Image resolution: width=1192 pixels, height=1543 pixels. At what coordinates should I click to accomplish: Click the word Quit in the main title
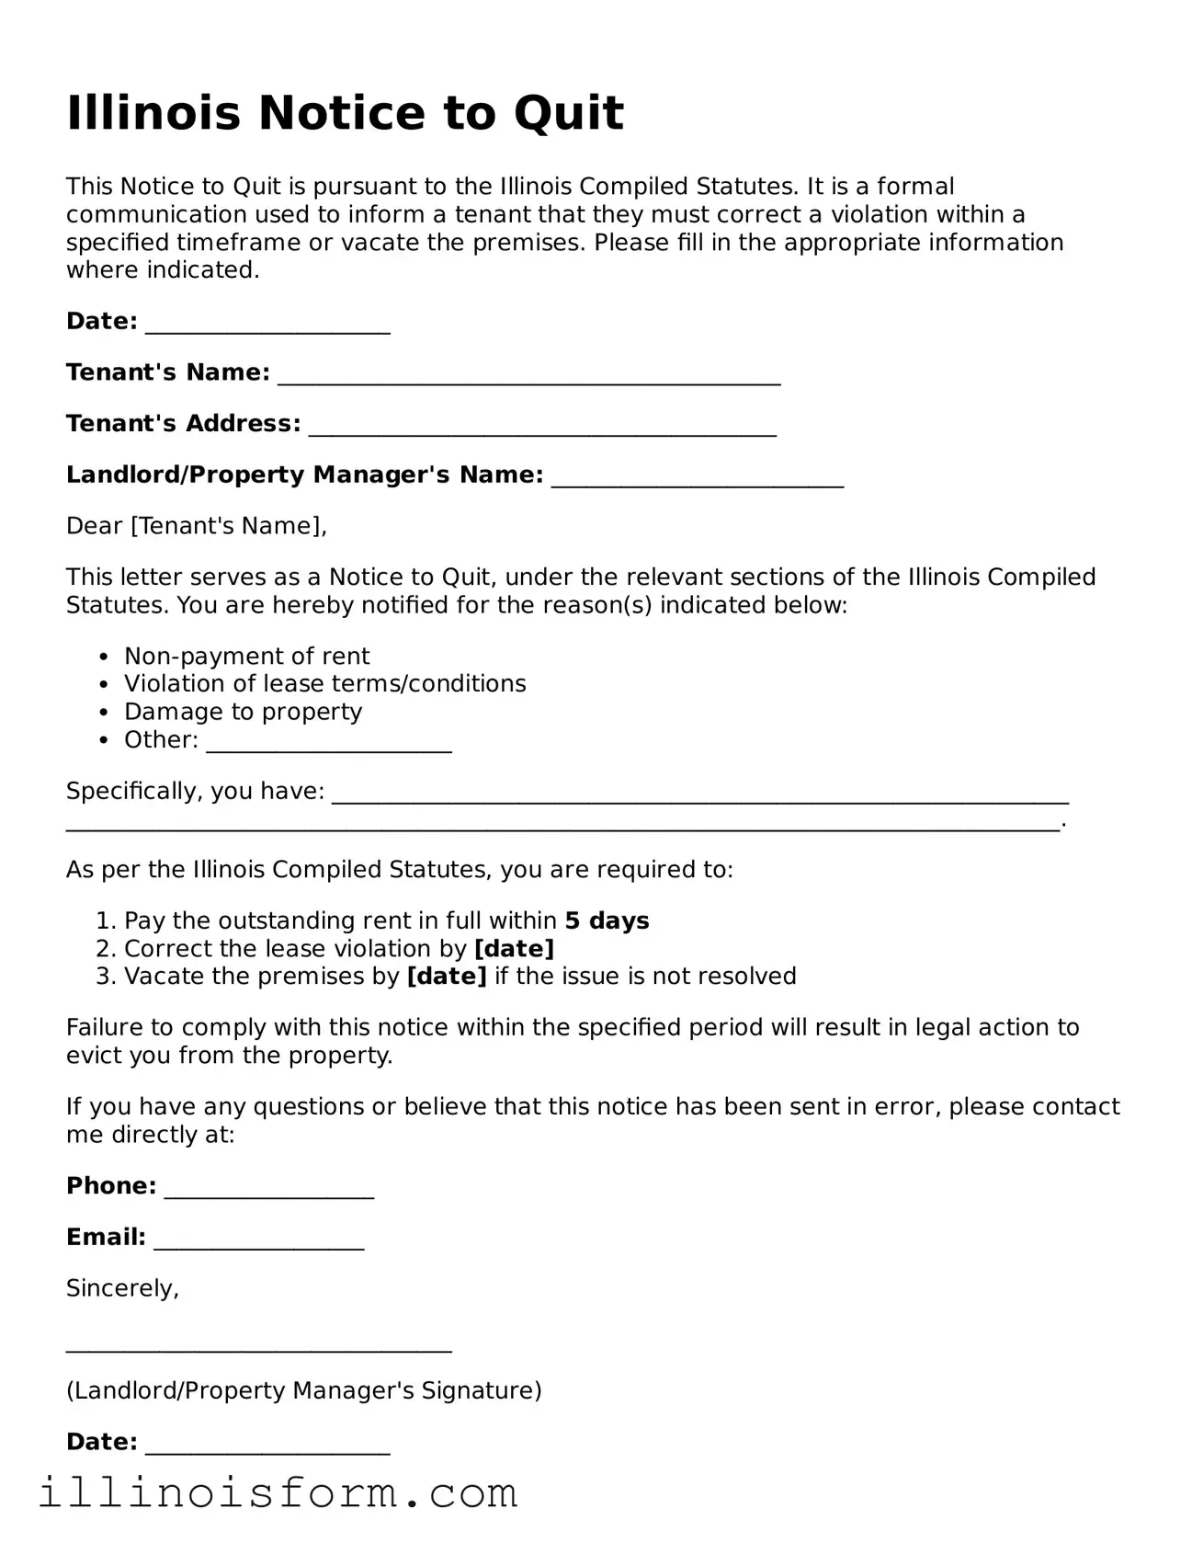(x=568, y=114)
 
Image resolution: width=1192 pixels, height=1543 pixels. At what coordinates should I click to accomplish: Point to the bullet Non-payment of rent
(x=246, y=657)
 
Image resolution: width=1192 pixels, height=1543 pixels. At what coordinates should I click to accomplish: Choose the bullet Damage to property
(x=243, y=712)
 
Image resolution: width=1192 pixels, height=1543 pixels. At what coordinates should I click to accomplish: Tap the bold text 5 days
(x=607, y=921)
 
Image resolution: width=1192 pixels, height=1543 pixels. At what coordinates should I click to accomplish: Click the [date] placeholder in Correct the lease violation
(x=514, y=949)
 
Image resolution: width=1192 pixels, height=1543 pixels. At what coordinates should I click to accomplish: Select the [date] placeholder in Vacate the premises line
(x=447, y=977)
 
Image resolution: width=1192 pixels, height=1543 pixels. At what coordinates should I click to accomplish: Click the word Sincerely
(x=121, y=1288)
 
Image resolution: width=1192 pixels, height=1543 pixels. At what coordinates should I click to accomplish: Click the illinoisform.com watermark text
(x=278, y=1493)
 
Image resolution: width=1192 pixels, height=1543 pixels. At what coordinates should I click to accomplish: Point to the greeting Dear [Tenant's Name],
(x=196, y=526)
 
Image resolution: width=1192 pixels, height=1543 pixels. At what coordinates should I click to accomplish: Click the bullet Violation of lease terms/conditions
(x=324, y=684)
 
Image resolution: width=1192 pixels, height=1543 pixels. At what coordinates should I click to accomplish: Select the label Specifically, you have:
(x=195, y=791)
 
